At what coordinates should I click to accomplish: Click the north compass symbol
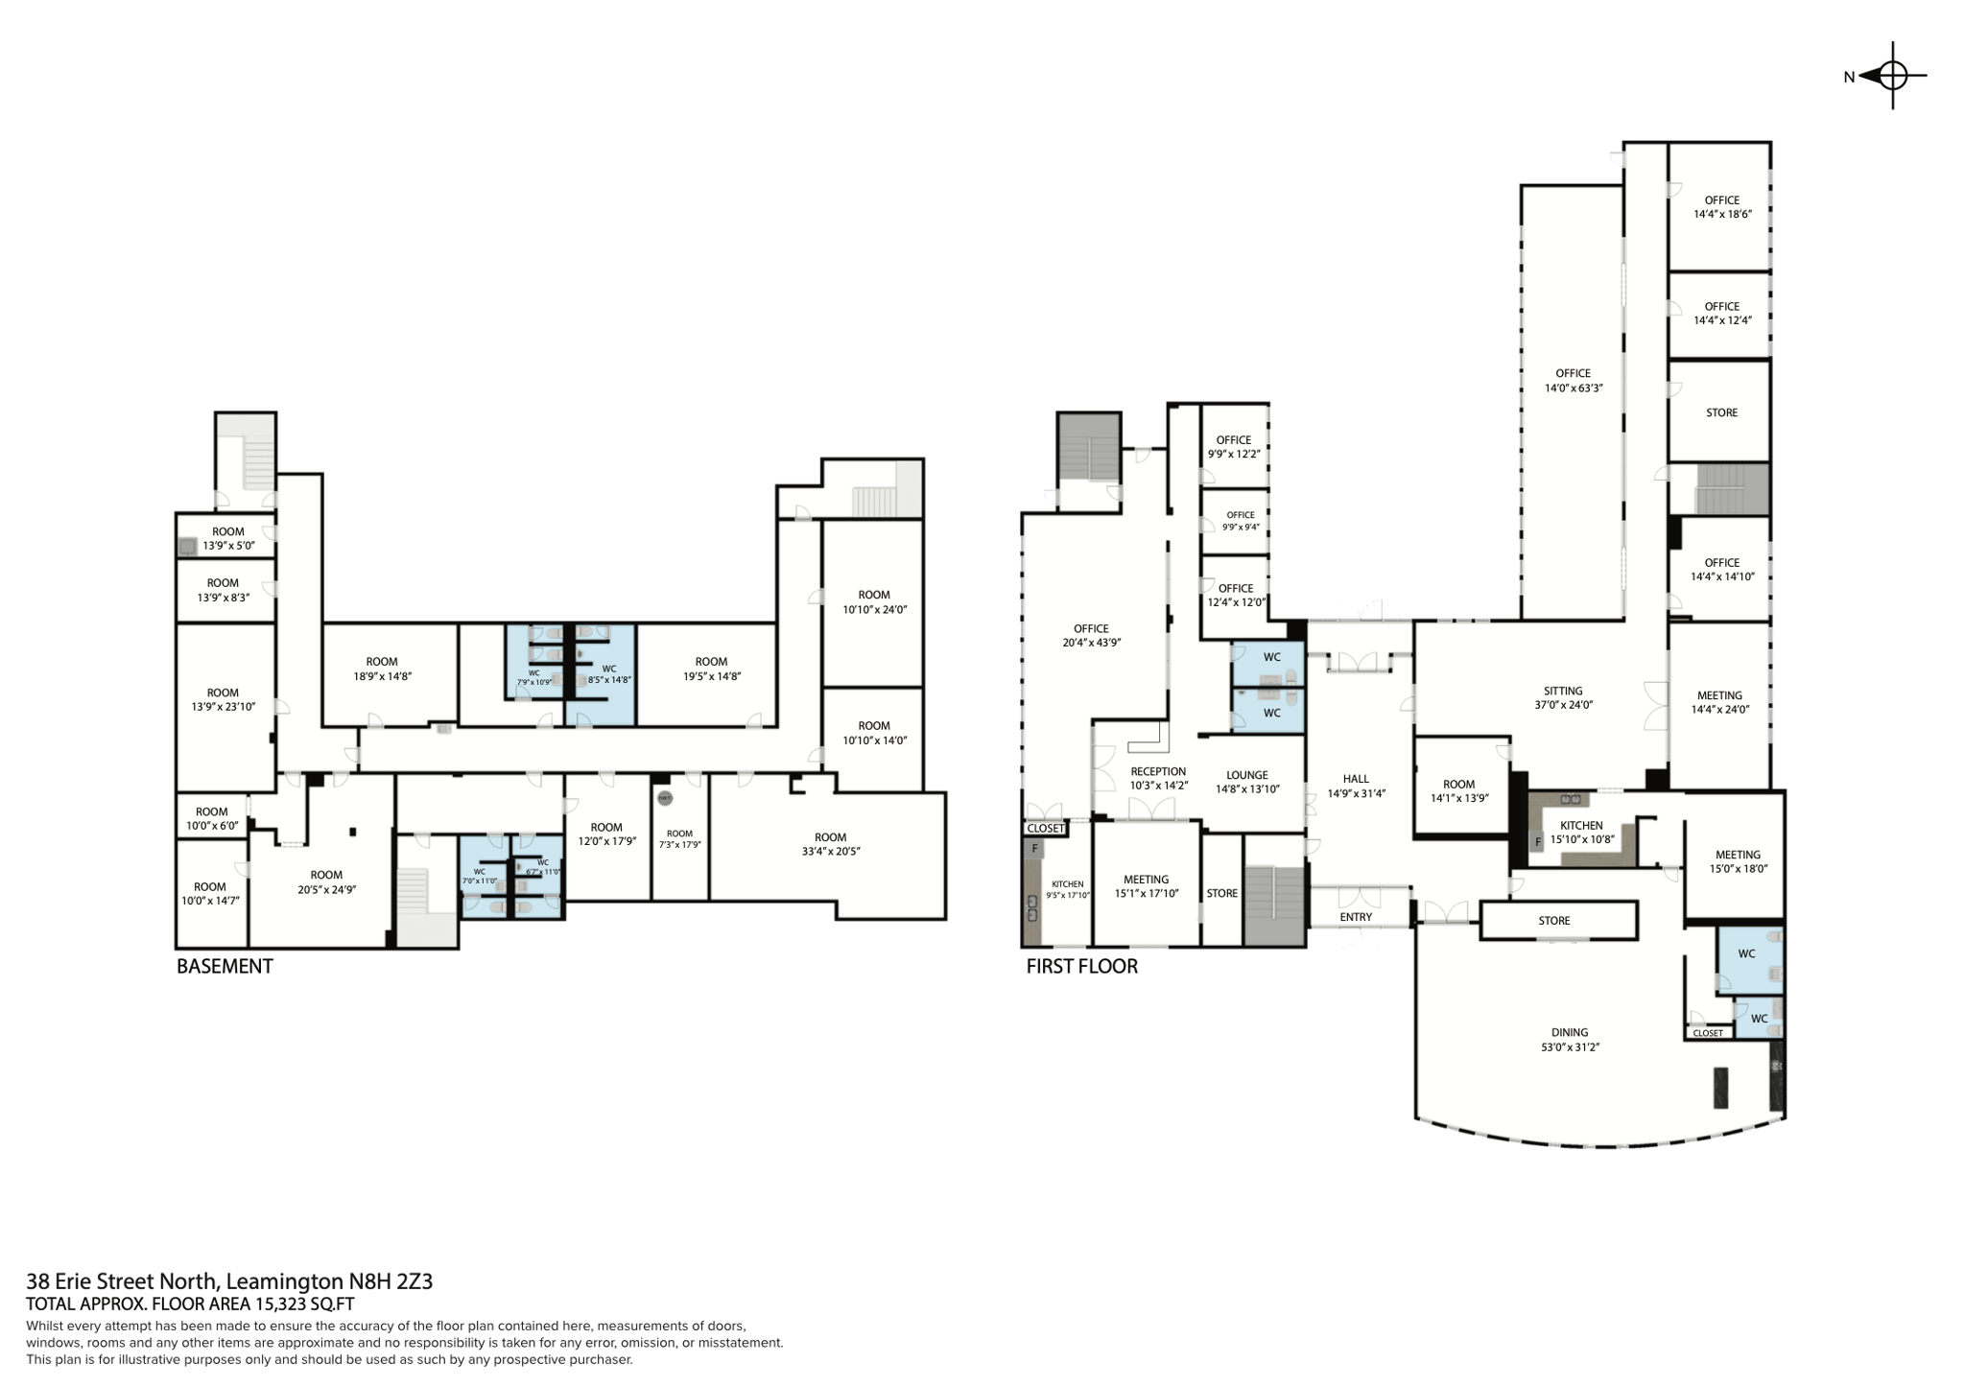point(1891,76)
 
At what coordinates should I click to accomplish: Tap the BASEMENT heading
point(225,967)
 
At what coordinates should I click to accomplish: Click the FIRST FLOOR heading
point(1081,967)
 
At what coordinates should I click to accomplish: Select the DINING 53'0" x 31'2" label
point(1570,1040)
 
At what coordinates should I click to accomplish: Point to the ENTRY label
point(1356,917)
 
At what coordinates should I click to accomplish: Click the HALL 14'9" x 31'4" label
point(1356,787)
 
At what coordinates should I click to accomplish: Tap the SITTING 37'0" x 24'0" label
point(1563,697)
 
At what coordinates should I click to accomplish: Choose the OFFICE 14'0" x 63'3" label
point(1573,381)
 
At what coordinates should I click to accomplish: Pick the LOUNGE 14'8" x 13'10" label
point(1247,782)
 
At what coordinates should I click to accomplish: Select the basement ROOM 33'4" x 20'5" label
point(830,844)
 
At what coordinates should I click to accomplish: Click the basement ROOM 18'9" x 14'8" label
point(381,669)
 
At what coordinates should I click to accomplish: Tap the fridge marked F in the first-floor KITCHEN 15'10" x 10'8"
point(1537,842)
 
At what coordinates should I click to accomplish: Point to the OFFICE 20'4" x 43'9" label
point(1091,636)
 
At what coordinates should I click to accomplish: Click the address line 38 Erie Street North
point(229,1281)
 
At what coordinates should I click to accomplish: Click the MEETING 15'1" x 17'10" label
point(1146,886)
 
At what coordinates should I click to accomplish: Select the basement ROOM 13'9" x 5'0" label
point(228,538)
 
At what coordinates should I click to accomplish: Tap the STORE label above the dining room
point(1553,921)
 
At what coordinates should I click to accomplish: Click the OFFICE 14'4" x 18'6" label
point(1721,207)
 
